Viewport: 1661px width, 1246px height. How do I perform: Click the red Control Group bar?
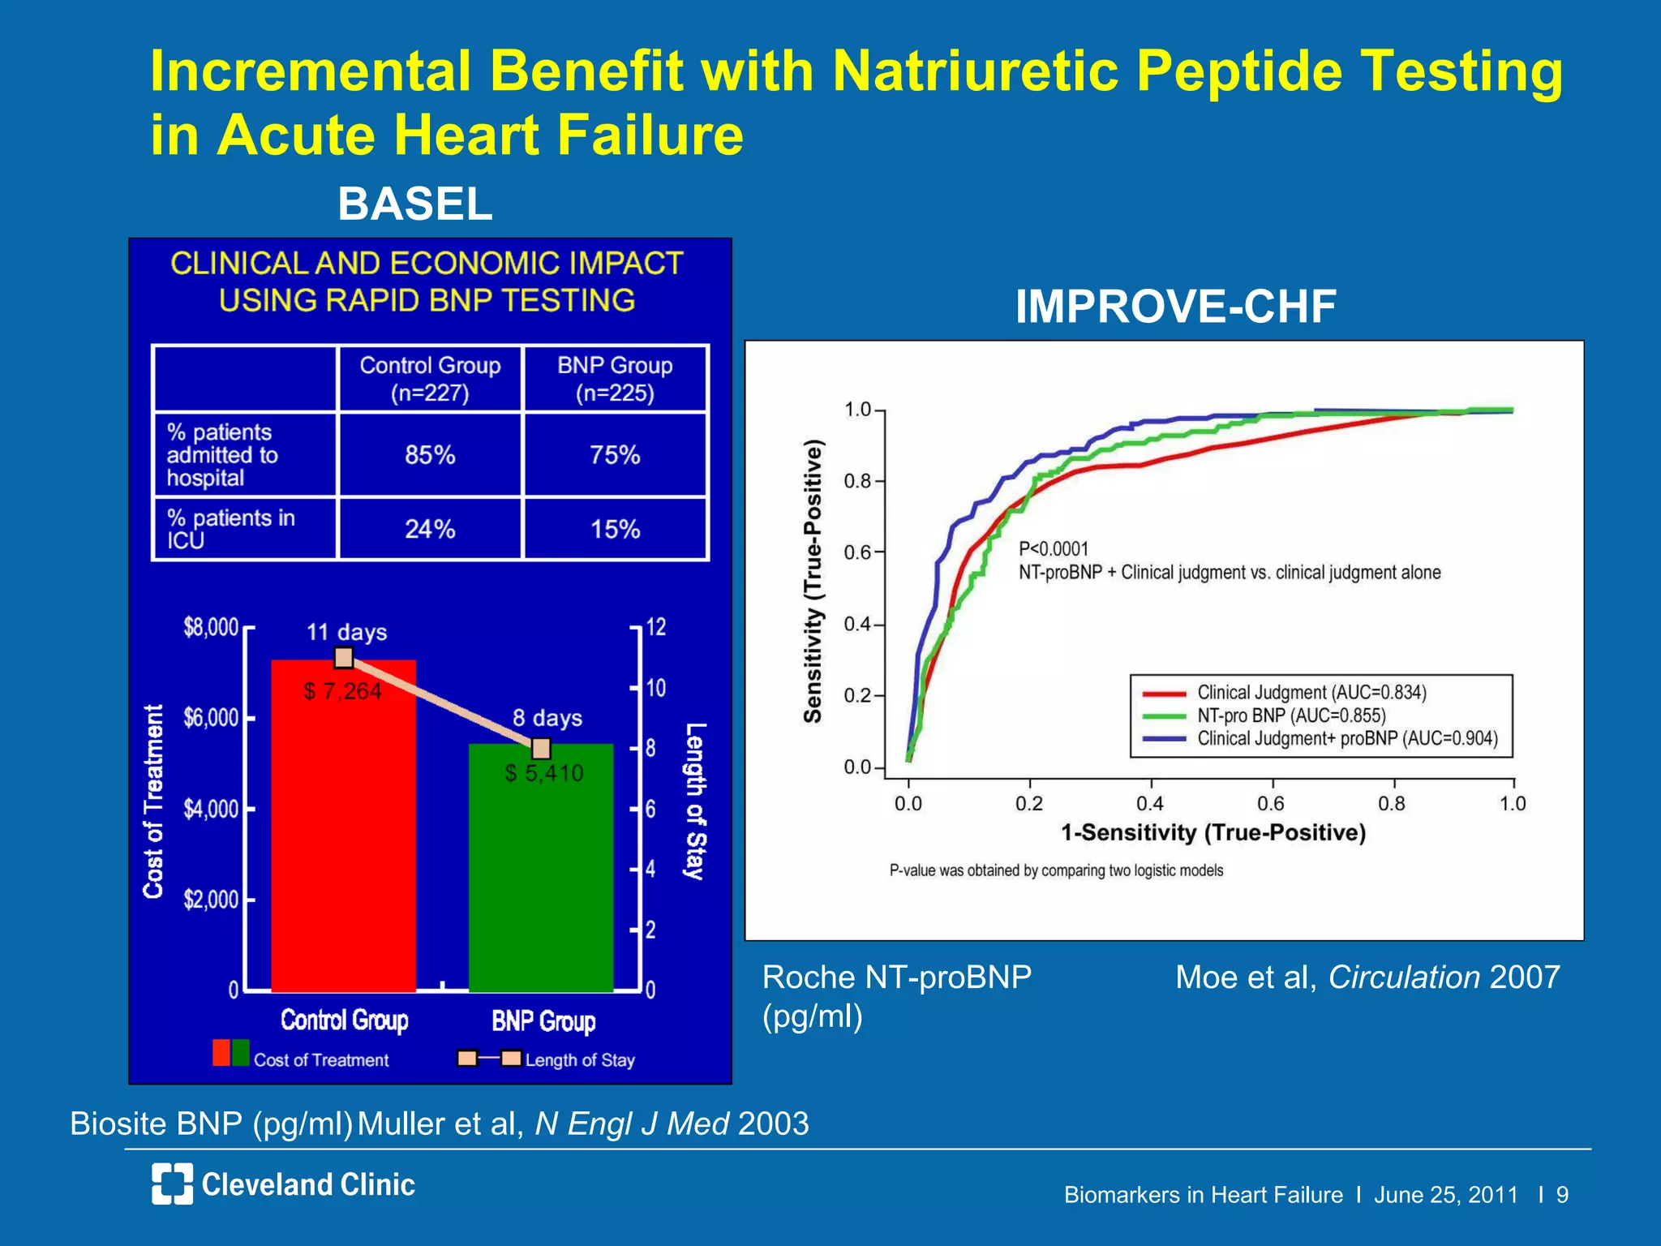[x=343, y=836]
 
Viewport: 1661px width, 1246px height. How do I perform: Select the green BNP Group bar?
[x=541, y=876]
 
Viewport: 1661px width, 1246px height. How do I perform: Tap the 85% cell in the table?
[x=430, y=455]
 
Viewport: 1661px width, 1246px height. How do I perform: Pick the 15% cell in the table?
[x=616, y=530]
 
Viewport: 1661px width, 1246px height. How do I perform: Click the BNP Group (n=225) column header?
[x=616, y=379]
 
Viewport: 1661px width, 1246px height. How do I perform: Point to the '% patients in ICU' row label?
[x=231, y=529]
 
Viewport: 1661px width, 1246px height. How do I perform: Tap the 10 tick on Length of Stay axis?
[x=655, y=689]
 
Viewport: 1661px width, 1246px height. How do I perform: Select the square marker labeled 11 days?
[x=344, y=658]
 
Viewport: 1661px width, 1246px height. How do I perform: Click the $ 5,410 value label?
[x=544, y=773]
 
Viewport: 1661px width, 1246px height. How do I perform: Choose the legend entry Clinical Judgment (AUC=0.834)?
[x=1311, y=693]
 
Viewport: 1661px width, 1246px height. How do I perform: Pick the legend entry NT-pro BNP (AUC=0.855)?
[x=1291, y=715]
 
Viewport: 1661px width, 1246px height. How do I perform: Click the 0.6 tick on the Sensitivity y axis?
[x=857, y=553]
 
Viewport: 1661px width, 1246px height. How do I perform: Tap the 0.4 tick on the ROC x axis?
[x=1150, y=804]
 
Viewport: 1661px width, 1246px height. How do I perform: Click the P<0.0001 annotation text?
[x=1054, y=549]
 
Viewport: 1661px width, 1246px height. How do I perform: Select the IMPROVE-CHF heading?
[x=1175, y=307]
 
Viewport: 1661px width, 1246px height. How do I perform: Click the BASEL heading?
[x=415, y=204]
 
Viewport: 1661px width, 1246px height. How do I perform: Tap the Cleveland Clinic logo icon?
[x=173, y=1184]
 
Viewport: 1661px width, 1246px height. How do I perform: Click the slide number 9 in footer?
[x=1562, y=1195]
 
